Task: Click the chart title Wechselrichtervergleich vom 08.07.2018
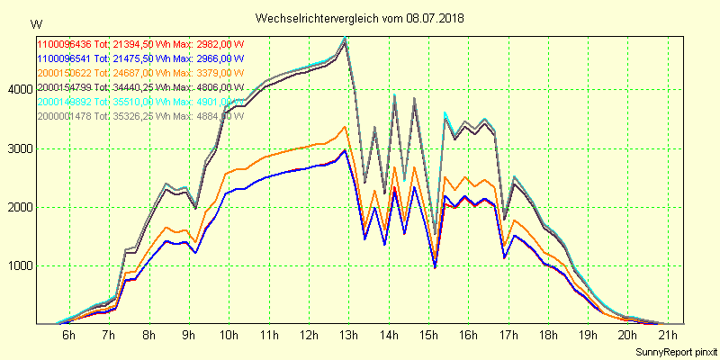(x=359, y=18)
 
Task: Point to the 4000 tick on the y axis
(x=18, y=89)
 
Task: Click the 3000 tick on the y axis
(x=18, y=148)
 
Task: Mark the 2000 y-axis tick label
(x=18, y=207)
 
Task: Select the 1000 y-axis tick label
(x=18, y=266)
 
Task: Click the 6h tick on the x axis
(x=68, y=335)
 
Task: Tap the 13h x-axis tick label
(x=348, y=335)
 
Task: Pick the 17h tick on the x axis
(x=508, y=335)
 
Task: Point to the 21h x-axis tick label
(x=668, y=335)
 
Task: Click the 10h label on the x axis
(x=229, y=335)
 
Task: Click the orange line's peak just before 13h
(x=345, y=126)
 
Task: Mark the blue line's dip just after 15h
(x=435, y=267)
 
